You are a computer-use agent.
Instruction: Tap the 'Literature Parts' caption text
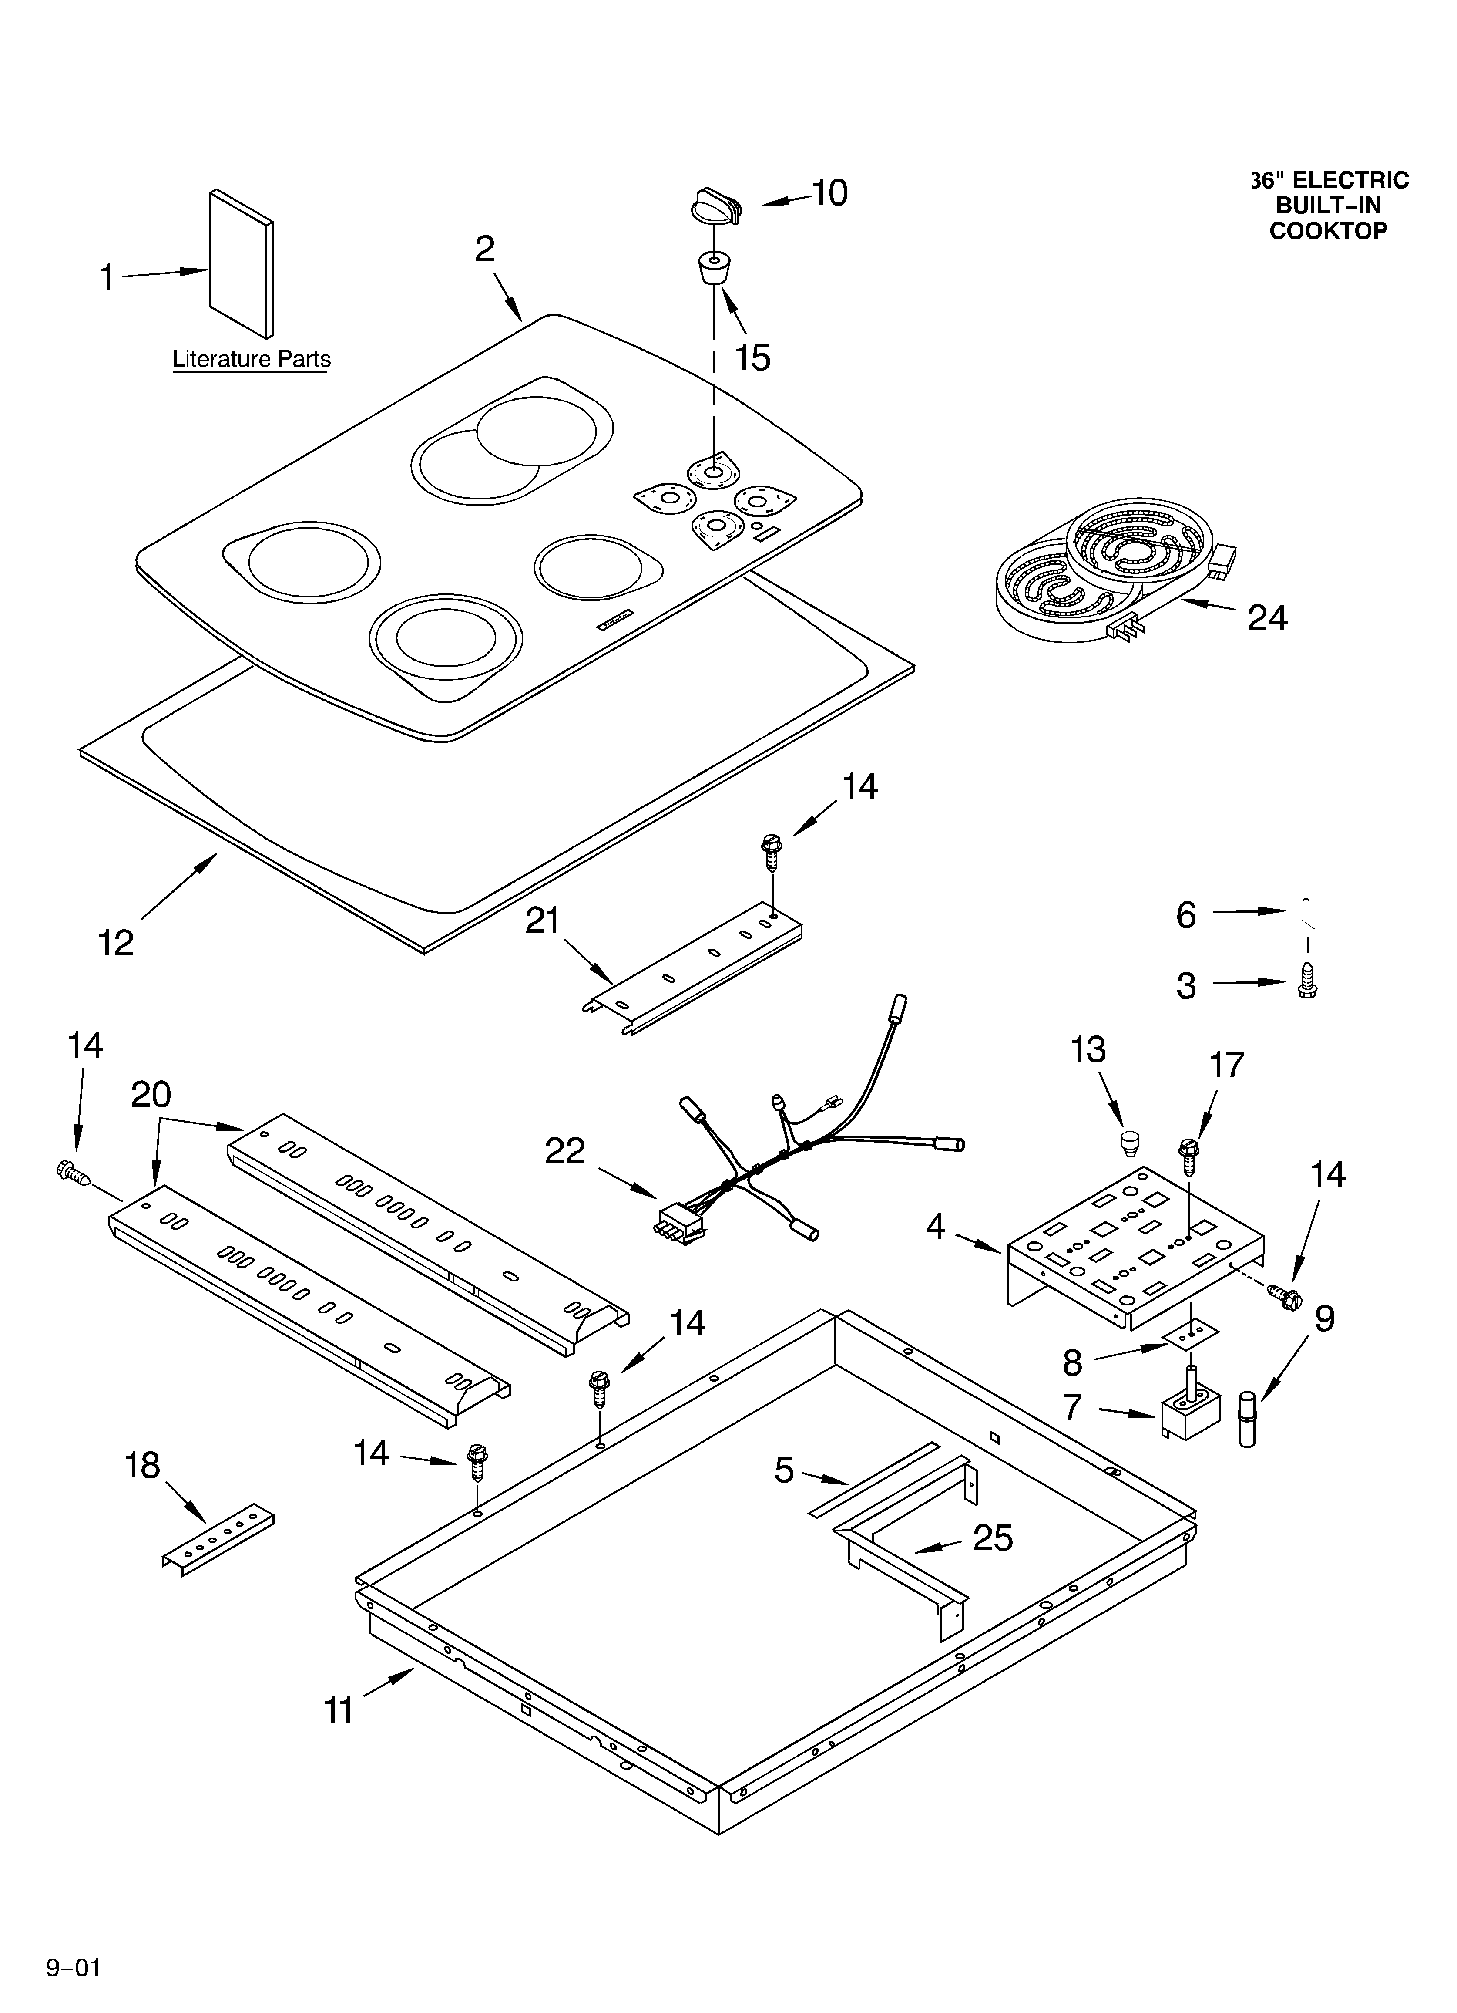click(251, 360)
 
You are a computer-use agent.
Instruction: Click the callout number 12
click(115, 943)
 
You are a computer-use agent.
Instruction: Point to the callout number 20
click(151, 1095)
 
